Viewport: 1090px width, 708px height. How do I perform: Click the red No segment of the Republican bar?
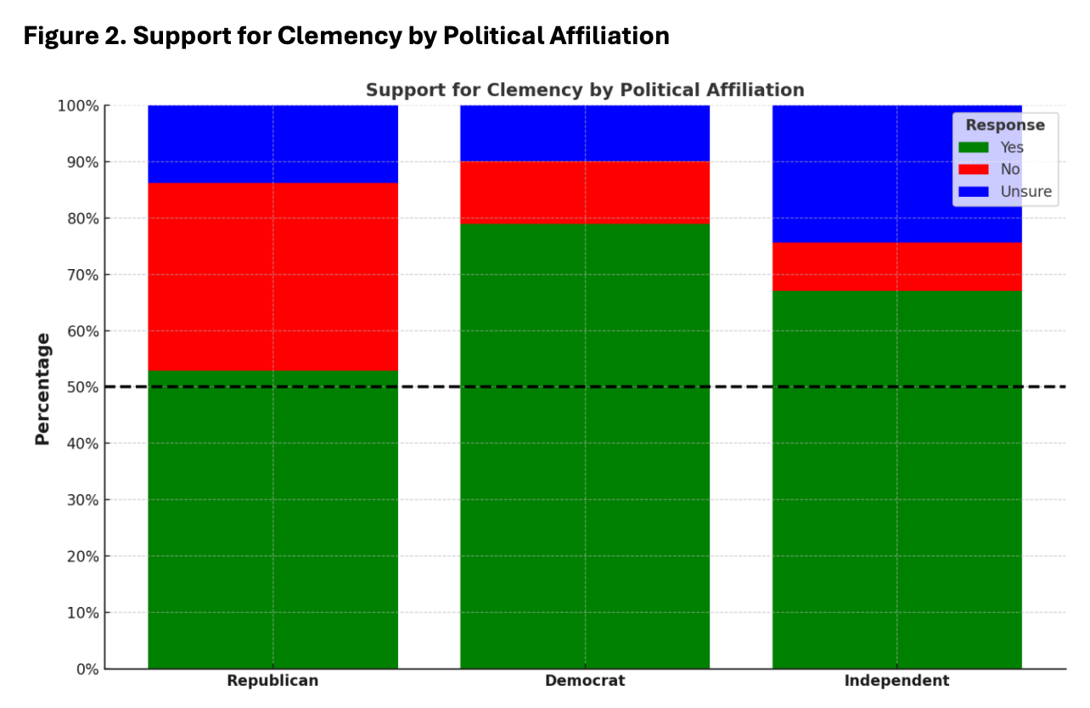(272, 277)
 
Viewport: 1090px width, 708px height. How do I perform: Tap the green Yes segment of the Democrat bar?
(585, 446)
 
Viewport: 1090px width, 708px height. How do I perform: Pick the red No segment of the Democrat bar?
(585, 193)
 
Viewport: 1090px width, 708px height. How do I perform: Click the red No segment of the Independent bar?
(896, 267)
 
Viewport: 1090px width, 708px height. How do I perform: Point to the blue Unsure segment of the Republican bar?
(272, 144)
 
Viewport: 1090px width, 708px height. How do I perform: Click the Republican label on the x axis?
(272, 681)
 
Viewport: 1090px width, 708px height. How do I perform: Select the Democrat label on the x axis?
(585, 681)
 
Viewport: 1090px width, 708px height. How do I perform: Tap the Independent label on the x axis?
(896, 681)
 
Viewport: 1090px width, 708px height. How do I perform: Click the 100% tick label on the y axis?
(77, 106)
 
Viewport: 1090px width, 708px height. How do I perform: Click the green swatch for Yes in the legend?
(973, 147)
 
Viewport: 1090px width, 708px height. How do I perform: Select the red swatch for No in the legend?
(973, 170)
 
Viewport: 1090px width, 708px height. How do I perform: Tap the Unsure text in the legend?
(1026, 192)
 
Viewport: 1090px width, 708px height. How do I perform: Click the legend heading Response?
(1005, 125)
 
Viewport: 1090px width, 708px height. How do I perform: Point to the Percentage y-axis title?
(42, 388)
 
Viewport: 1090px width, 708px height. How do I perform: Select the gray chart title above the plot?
(585, 90)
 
